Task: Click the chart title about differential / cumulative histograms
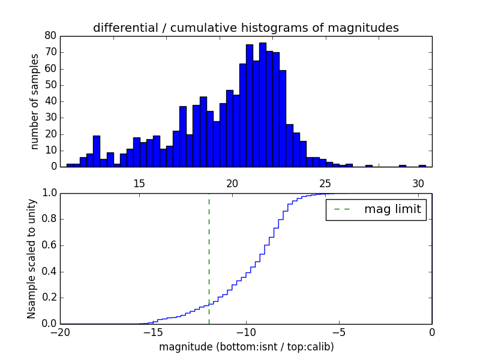[x=245, y=28]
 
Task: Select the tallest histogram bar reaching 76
[x=262, y=105]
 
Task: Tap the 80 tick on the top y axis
[x=50, y=36]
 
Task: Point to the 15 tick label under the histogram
[x=139, y=184]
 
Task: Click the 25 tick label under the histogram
[x=325, y=184]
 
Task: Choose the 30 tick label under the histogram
[x=418, y=184]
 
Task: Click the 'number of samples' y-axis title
[x=35, y=101]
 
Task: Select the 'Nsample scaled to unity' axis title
[x=31, y=258]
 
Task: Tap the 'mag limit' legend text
[x=392, y=209]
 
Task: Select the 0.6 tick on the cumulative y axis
[x=49, y=245]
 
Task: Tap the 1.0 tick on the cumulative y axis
[x=49, y=193]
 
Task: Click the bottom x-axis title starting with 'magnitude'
[x=246, y=347]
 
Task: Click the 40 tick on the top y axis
[x=50, y=101]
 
